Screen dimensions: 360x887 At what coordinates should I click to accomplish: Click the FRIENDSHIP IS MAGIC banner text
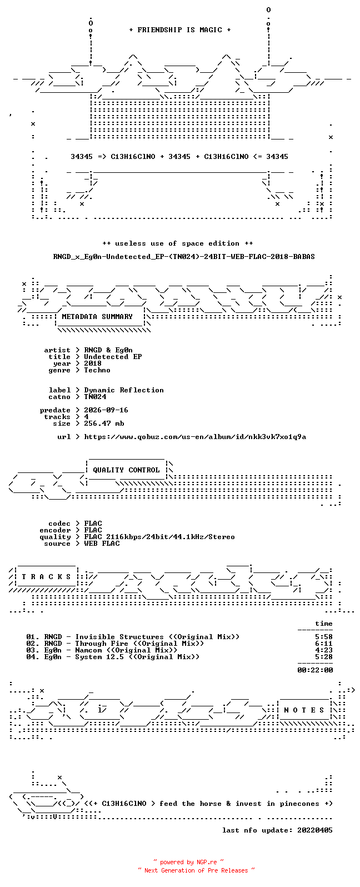[x=180, y=29]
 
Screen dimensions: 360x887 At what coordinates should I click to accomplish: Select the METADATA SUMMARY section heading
[x=97, y=316]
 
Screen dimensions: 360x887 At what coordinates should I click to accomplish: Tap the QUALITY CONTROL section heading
[x=126, y=470]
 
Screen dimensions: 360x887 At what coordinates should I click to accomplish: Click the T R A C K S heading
[x=46, y=576]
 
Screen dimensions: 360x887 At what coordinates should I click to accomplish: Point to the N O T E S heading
[x=304, y=710]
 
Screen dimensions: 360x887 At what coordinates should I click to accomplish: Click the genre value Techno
[x=97, y=370]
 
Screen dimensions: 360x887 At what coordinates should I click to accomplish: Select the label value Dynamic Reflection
[x=123, y=391]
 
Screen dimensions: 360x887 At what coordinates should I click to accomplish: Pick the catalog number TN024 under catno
[x=95, y=397]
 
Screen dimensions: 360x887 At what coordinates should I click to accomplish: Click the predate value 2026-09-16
[x=106, y=410]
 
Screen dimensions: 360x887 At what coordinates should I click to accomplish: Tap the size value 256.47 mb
[x=104, y=423]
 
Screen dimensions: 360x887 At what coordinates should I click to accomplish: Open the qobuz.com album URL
[x=195, y=437]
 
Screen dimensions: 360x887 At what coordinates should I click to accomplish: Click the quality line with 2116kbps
[x=159, y=537]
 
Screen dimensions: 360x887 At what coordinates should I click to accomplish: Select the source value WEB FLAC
[x=102, y=544]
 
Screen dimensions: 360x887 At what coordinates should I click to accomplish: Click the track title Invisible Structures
[x=119, y=637]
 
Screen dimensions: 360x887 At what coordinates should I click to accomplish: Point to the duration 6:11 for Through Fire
[x=323, y=644]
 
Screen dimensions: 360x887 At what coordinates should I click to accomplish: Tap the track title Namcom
[x=88, y=650]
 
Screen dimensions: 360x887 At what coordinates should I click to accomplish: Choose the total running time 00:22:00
[x=315, y=670]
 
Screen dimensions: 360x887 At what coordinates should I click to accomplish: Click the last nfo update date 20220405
[x=315, y=830]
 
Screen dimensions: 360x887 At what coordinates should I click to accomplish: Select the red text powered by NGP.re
[x=188, y=862]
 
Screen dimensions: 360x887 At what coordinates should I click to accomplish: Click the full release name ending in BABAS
[x=184, y=257]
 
